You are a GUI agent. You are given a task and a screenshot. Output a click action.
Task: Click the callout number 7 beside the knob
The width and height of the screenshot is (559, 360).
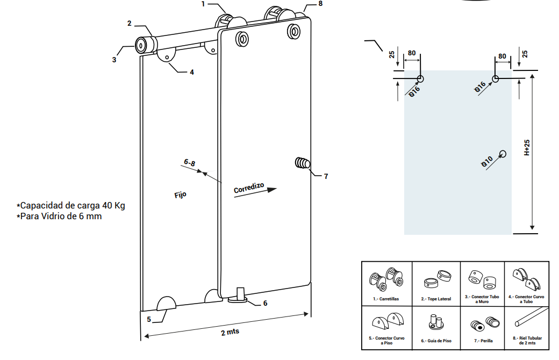pyautogui.click(x=325, y=176)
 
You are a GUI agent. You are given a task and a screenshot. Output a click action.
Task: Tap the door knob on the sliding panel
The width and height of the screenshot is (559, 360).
pyautogui.click(x=303, y=163)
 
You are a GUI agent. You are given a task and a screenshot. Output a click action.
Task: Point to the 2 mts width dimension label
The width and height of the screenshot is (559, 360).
pyautogui.click(x=230, y=332)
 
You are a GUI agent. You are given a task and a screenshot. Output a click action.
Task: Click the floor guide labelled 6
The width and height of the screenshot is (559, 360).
pyautogui.click(x=239, y=296)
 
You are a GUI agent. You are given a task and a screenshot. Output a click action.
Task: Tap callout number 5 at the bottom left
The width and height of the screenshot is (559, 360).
pyautogui.click(x=149, y=319)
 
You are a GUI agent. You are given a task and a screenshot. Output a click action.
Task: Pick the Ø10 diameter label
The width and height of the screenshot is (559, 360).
pyautogui.click(x=487, y=161)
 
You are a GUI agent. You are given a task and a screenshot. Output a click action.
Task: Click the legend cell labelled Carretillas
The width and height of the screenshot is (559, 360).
pyautogui.click(x=387, y=283)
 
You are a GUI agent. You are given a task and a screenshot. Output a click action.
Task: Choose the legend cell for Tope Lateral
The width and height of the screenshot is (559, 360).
pyautogui.click(x=436, y=283)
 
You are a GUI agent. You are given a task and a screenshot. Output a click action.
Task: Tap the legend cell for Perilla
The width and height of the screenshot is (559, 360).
pyautogui.click(x=483, y=327)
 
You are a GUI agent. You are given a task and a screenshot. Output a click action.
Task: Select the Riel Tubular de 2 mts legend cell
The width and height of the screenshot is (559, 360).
pyautogui.click(x=527, y=327)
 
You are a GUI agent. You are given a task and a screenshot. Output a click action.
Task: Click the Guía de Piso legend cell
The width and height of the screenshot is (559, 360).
pyautogui.click(x=436, y=327)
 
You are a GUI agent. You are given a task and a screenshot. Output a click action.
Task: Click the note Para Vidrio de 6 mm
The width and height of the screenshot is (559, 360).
pyautogui.click(x=61, y=216)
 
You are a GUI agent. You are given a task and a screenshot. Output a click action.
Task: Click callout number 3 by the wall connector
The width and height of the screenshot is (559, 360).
pyautogui.click(x=114, y=60)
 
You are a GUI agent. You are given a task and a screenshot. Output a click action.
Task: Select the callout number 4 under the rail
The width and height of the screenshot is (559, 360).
pyautogui.click(x=191, y=71)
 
